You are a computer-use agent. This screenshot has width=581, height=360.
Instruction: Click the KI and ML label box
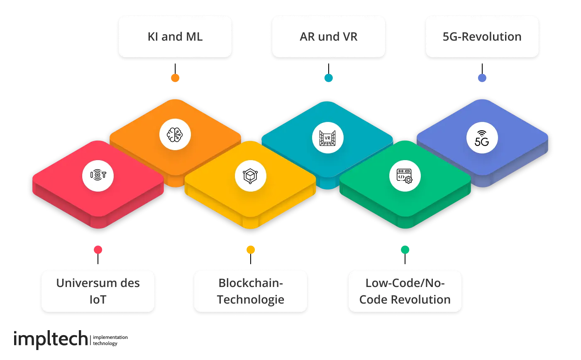tap(175, 36)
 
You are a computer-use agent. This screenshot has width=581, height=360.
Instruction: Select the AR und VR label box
tap(328, 36)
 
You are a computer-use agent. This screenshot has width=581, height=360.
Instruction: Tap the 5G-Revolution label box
tap(482, 36)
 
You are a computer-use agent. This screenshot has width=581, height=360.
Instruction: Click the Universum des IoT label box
tap(98, 291)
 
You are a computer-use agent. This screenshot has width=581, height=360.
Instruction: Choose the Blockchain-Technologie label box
tap(251, 291)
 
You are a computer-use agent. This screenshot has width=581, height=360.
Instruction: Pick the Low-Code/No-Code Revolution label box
tap(405, 291)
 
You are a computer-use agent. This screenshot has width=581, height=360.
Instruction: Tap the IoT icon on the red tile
tap(98, 175)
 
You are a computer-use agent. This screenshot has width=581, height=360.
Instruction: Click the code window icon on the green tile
tap(405, 176)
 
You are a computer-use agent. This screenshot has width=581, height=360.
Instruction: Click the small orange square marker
tap(175, 78)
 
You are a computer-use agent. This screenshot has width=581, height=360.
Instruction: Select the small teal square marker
tap(328, 78)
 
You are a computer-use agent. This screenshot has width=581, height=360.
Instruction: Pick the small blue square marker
tap(482, 78)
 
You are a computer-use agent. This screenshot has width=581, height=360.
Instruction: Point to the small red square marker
tap(98, 250)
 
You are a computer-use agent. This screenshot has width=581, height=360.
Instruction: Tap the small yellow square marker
tap(251, 250)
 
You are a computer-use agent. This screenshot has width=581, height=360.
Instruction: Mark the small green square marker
tap(405, 250)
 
